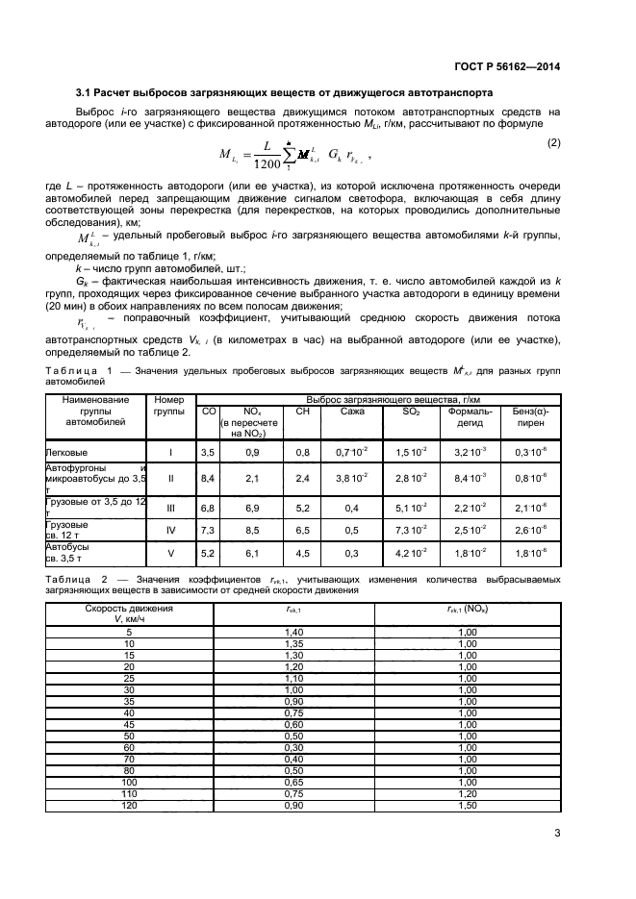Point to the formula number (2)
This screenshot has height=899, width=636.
(x=553, y=142)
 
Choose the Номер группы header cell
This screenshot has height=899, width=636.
(x=168, y=404)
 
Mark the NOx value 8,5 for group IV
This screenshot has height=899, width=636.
(x=253, y=530)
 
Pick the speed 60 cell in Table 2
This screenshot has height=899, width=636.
(x=129, y=747)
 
